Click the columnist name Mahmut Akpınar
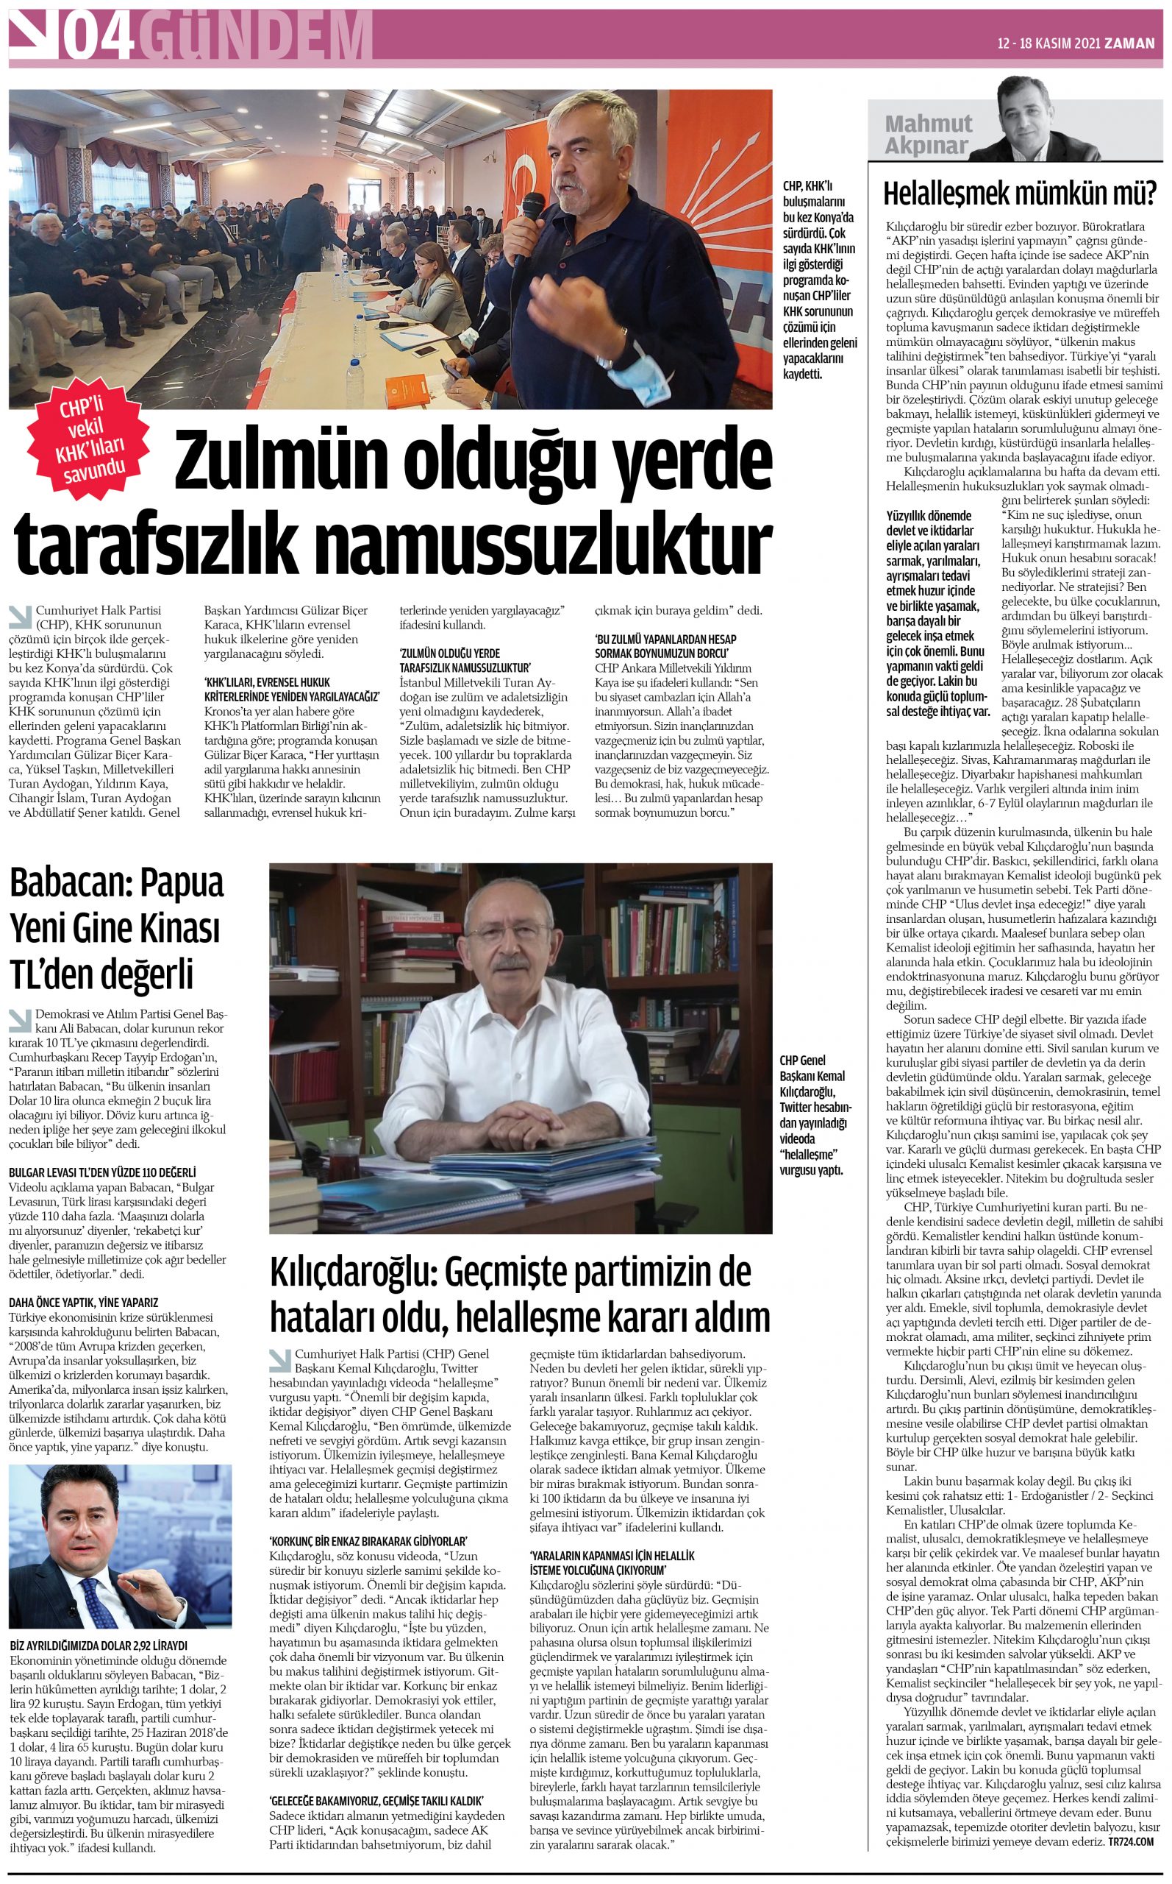(928, 135)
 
